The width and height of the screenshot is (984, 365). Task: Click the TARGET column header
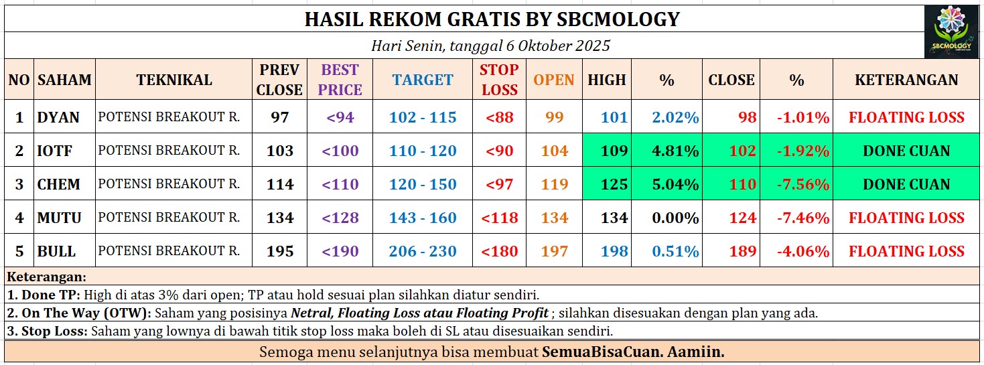point(423,80)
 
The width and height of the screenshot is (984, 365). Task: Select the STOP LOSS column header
point(499,80)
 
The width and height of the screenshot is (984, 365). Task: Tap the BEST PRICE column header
point(340,80)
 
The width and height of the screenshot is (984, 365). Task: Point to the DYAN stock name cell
point(59,117)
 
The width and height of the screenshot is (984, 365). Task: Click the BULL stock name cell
point(57,251)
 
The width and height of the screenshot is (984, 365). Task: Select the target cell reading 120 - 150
point(423,184)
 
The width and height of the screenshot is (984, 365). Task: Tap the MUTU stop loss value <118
point(500,218)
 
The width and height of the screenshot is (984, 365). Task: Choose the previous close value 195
point(280,251)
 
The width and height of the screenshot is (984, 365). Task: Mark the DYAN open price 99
point(555,117)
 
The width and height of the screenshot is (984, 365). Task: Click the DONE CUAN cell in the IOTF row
point(906,151)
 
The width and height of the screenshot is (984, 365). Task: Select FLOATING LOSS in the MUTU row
point(906,218)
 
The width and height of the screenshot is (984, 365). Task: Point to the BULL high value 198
point(614,251)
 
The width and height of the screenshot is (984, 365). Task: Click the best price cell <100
point(340,151)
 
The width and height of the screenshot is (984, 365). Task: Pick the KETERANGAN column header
point(906,80)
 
